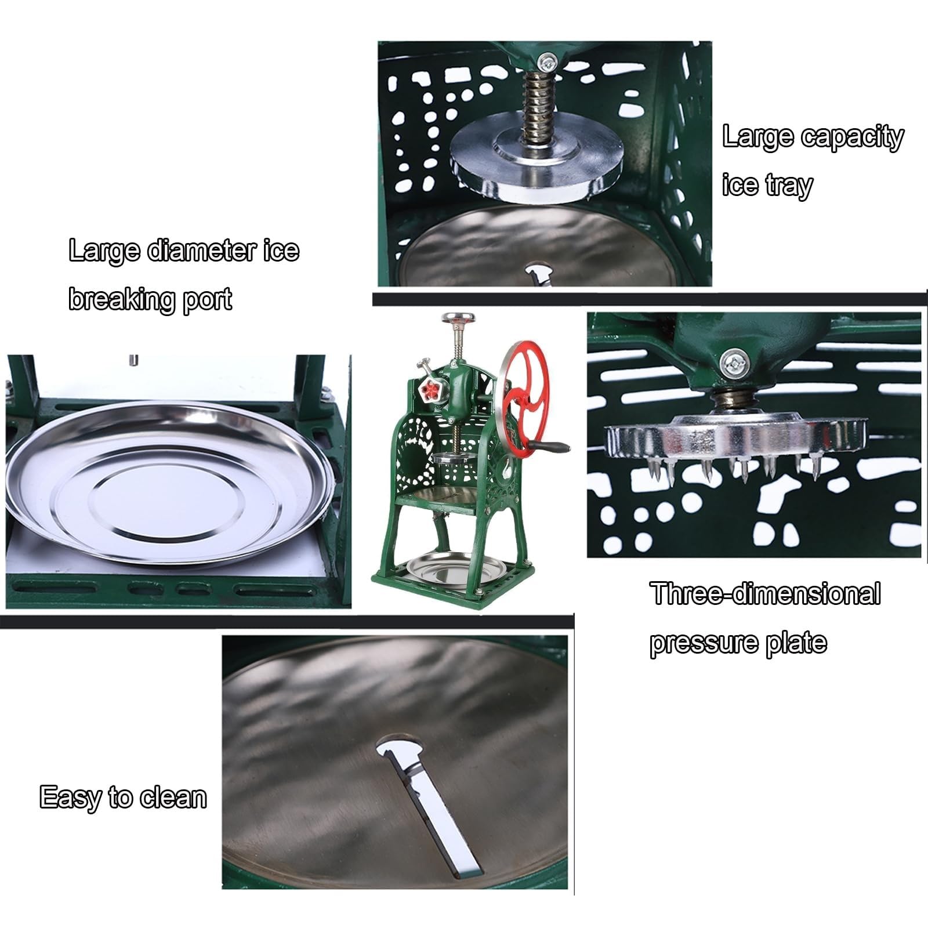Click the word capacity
pyautogui.click(x=853, y=137)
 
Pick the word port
pyautogui.click(x=207, y=300)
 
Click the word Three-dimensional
pyautogui.click(x=765, y=594)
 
